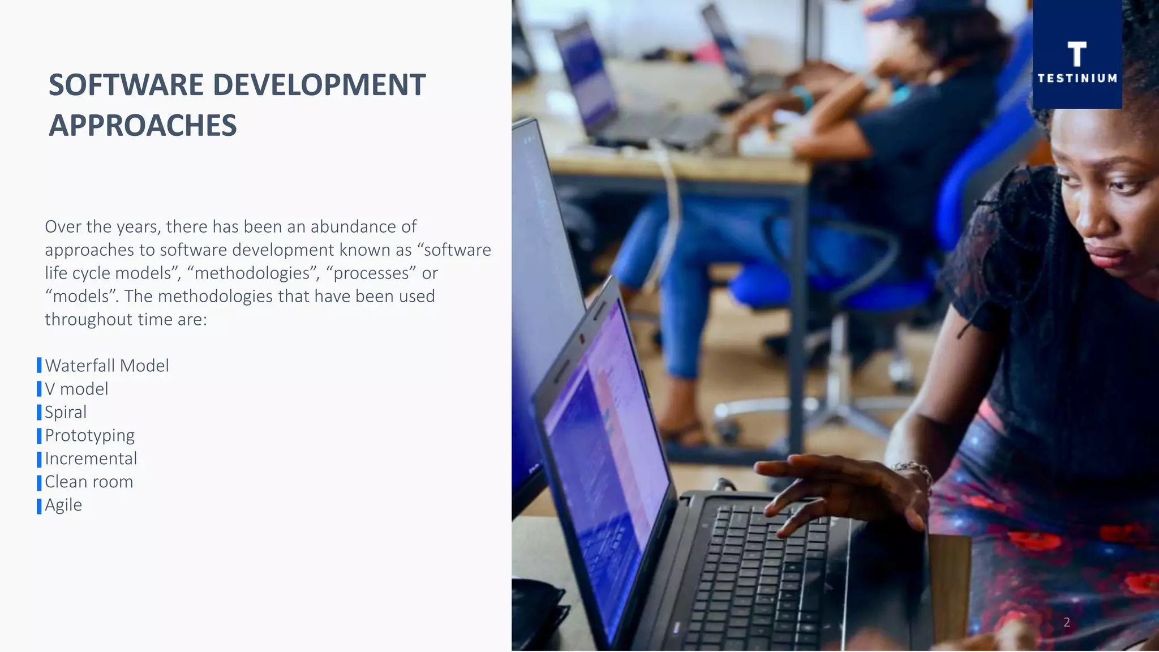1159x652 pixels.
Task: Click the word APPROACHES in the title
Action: click(x=143, y=126)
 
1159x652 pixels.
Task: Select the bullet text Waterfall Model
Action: click(x=107, y=366)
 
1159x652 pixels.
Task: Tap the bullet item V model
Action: click(x=76, y=389)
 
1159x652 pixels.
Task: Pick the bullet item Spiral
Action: click(x=66, y=412)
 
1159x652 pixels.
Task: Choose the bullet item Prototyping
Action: click(x=89, y=435)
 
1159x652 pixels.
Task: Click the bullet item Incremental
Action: click(x=91, y=458)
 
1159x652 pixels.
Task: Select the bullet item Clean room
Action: click(x=89, y=482)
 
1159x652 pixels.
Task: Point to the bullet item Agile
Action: click(x=63, y=505)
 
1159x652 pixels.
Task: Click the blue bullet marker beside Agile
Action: click(x=39, y=506)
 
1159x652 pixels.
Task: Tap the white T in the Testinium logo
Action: click(x=1076, y=54)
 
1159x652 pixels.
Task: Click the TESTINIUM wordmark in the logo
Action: click(x=1077, y=79)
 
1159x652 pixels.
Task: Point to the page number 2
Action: click(x=1066, y=623)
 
